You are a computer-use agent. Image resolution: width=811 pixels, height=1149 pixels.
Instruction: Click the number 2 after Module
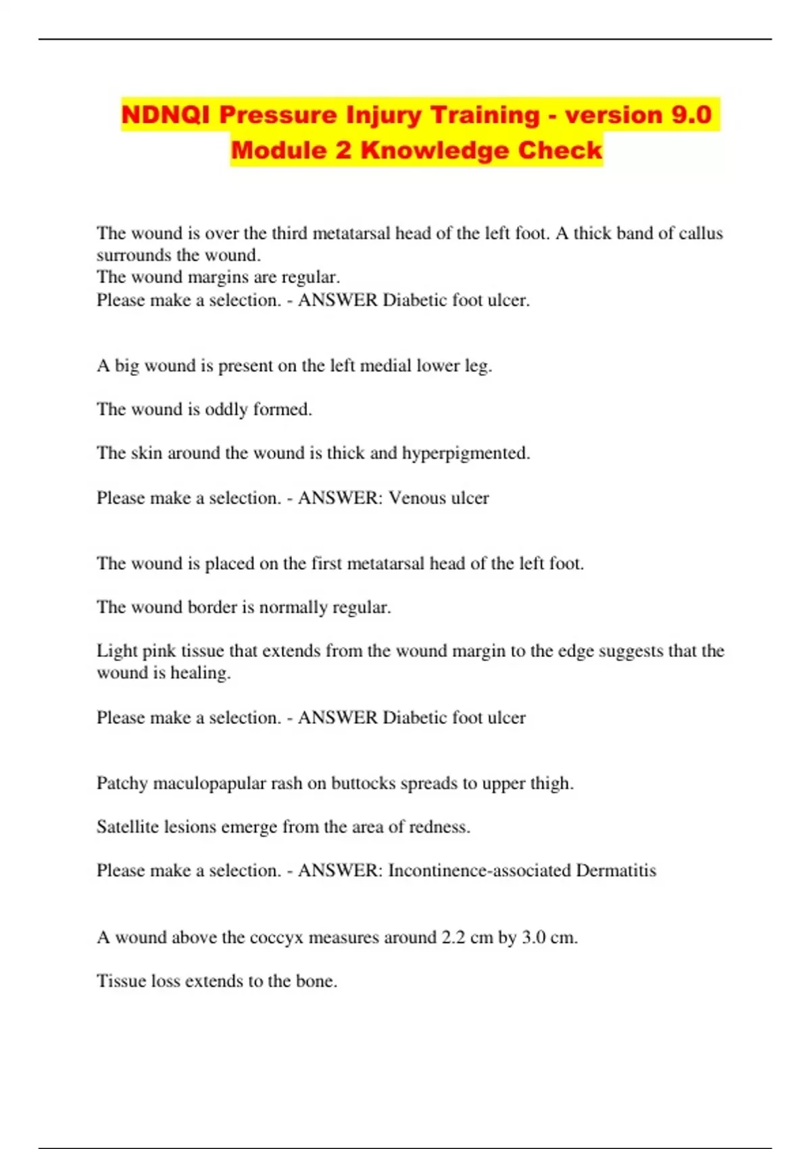tap(343, 150)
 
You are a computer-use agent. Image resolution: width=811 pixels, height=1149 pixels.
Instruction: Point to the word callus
tap(701, 233)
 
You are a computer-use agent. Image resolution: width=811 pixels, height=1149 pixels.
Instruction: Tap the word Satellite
tap(127, 827)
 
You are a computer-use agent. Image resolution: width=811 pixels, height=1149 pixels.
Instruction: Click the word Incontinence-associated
tap(479, 871)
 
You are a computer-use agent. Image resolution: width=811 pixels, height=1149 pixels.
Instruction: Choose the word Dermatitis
tap(616, 871)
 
